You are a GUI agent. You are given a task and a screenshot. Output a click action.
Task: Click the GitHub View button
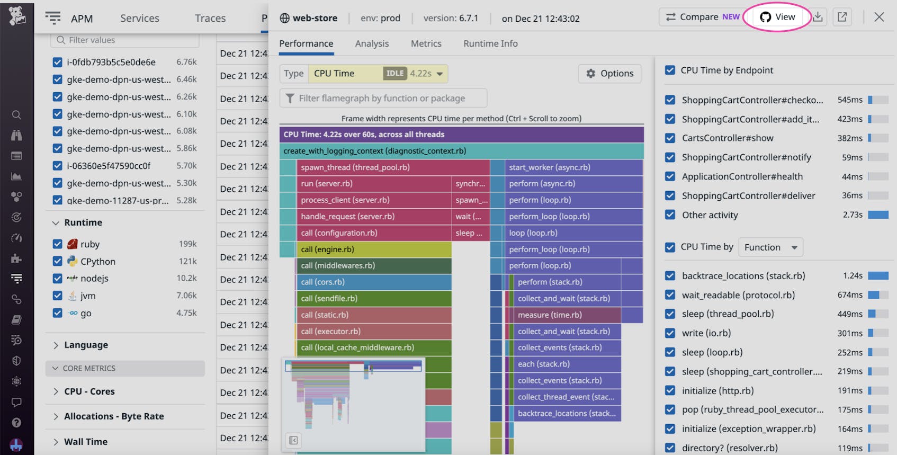point(777,17)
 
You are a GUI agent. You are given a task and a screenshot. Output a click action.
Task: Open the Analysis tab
point(372,43)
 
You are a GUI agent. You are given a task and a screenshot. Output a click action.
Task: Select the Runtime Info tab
point(490,43)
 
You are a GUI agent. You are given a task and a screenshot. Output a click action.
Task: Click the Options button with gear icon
point(609,74)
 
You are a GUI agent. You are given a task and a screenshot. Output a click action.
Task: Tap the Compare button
point(702,17)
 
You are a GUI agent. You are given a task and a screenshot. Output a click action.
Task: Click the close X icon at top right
point(879,17)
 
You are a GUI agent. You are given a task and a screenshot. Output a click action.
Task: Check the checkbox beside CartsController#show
point(670,138)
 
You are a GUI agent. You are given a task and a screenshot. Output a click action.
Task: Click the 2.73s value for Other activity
point(853,215)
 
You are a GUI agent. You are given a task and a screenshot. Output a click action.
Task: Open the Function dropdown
point(770,247)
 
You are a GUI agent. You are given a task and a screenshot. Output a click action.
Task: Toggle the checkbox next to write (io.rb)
point(670,333)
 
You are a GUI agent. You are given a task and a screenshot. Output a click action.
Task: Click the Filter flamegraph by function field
point(383,98)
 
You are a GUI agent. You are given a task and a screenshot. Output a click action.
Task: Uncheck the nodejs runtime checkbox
point(58,279)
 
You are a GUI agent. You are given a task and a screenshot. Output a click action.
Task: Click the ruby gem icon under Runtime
point(73,244)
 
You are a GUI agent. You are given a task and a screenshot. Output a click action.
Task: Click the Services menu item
point(140,18)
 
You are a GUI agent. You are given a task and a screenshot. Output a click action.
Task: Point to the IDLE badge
point(395,74)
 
